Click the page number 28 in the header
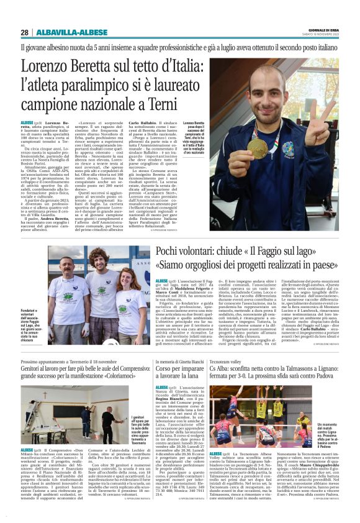tap(24, 32)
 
